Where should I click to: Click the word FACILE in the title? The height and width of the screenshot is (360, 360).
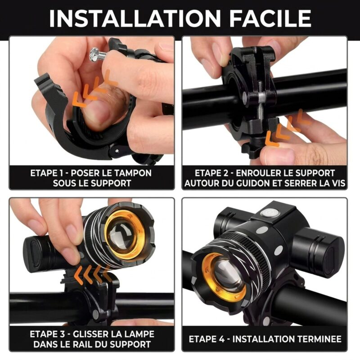pos(270,18)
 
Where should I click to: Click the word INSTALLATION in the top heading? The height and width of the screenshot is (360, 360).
pos(135,18)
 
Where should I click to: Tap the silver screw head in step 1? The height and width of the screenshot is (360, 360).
pos(94,55)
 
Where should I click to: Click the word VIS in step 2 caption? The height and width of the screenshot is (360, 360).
pos(338,183)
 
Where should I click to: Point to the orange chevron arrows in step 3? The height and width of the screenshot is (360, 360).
pos(94,273)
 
